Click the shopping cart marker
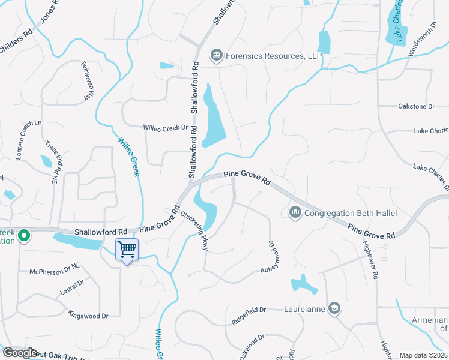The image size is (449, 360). coord(127,249)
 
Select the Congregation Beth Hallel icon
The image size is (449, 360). coord(295,213)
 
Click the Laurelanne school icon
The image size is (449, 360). coord(334,309)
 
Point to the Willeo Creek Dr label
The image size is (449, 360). coord(166,128)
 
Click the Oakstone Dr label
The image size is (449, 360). coord(416,106)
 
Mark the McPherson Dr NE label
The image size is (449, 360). coord(55,272)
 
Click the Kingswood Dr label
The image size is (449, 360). coord(88,315)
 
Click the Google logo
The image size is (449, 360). coord(20,353)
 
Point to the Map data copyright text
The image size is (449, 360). coord(423,355)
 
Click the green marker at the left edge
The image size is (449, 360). coord(24,236)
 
